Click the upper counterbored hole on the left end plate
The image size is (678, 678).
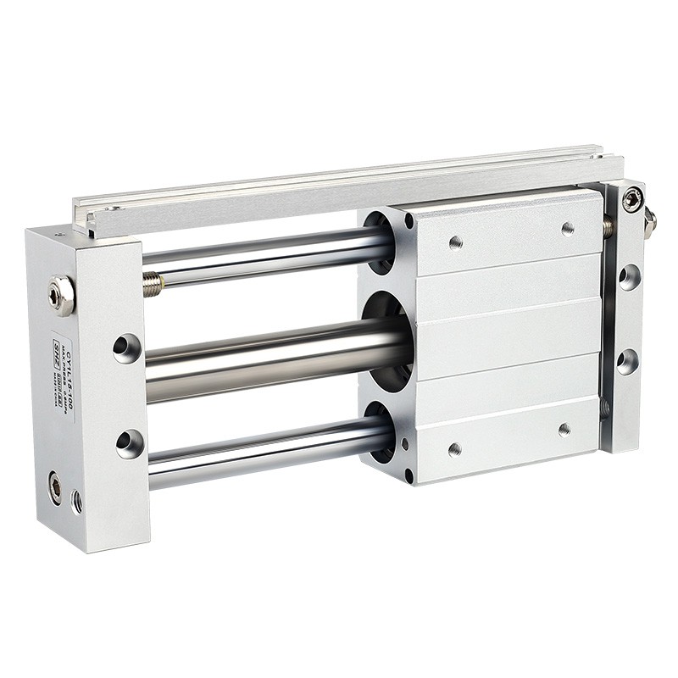(x=127, y=347)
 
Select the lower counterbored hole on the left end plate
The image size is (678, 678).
(x=130, y=442)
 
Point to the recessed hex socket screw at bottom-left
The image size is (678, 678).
(x=55, y=487)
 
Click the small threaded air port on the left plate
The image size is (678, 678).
(x=77, y=501)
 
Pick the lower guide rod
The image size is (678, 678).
(x=263, y=458)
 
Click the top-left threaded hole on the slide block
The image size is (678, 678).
(x=455, y=243)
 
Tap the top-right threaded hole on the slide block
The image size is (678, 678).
(x=568, y=228)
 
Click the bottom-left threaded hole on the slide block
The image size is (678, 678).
(x=454, y=449)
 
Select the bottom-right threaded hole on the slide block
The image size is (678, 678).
(x=564, y=429)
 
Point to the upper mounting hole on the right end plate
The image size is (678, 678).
(x=629, y=277)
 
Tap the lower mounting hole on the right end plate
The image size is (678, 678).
(x=627, y=361)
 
